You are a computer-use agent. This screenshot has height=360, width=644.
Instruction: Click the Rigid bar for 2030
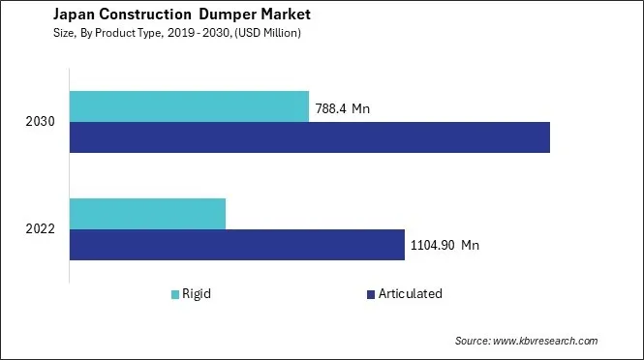point(189,106)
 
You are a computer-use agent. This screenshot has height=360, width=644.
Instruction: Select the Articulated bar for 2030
point(310,137)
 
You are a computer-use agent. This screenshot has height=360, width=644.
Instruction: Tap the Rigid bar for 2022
point(147,214)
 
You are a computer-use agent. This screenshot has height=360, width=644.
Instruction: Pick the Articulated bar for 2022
point(237,245)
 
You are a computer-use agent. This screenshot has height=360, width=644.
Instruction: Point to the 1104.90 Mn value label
point(445,245)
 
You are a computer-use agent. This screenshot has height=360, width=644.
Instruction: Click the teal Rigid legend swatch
point(175,294)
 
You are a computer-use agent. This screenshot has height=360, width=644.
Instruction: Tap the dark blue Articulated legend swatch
point(369,294)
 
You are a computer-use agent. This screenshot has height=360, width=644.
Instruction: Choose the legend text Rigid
point(198,294)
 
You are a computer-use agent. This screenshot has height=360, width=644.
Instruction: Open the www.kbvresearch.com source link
point(546,341)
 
